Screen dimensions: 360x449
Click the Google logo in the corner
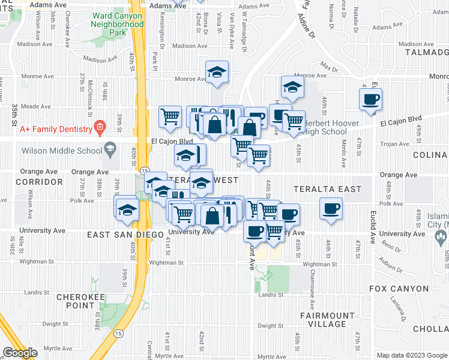(20, 353)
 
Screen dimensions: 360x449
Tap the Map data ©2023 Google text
(411, 355)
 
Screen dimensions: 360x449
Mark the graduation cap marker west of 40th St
(128, 209)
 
